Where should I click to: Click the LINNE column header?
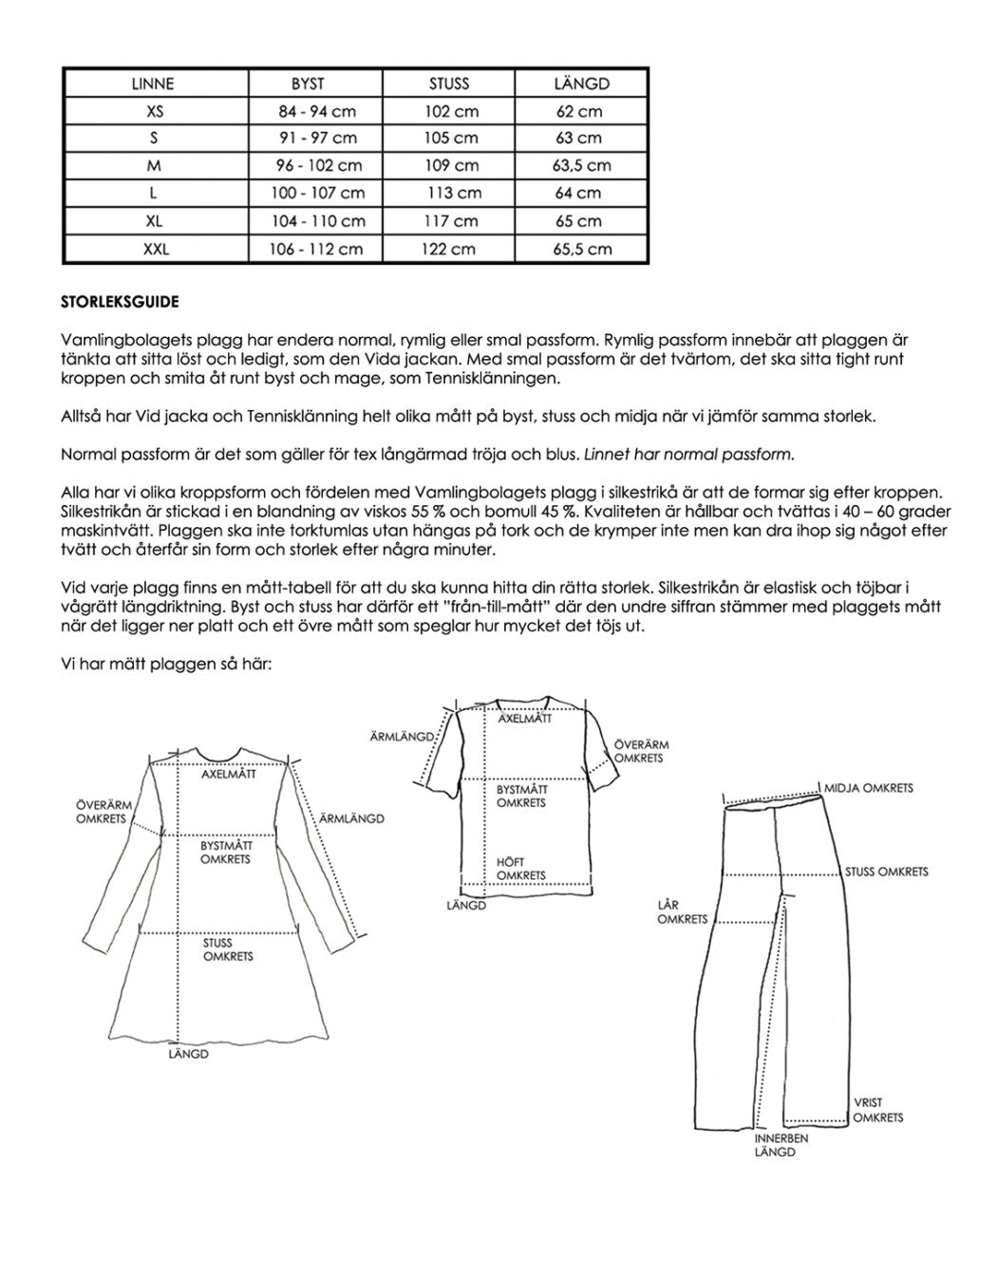(153, 84)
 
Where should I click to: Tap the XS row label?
(155, 111)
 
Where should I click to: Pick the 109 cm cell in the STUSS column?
(451, 165)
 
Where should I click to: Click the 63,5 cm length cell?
(581, 165)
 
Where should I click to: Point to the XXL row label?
(155, 249)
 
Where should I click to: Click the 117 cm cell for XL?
(451, 221)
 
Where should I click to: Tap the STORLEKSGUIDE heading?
(120, 303)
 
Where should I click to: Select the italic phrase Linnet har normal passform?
(688, 454)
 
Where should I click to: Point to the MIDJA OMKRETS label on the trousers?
(868, 788)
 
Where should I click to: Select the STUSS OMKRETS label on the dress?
(228, 949)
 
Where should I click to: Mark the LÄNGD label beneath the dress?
(188, 1054)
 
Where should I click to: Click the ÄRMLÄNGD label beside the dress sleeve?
(351, 818)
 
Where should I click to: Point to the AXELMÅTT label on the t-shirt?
(524, 719)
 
